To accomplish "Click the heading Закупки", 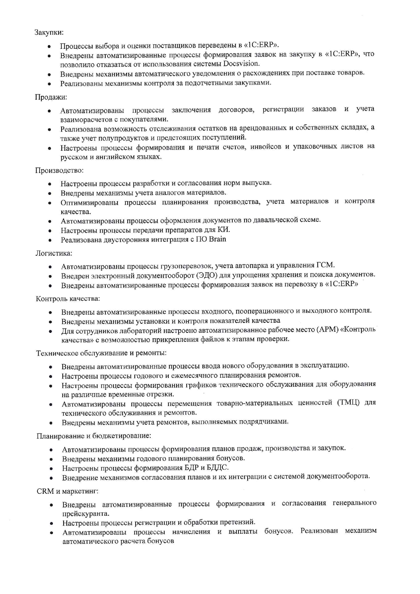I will point(49,33).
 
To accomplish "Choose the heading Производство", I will point(59,170).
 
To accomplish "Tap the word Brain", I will point(217,239).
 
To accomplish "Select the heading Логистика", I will point(54,253).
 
